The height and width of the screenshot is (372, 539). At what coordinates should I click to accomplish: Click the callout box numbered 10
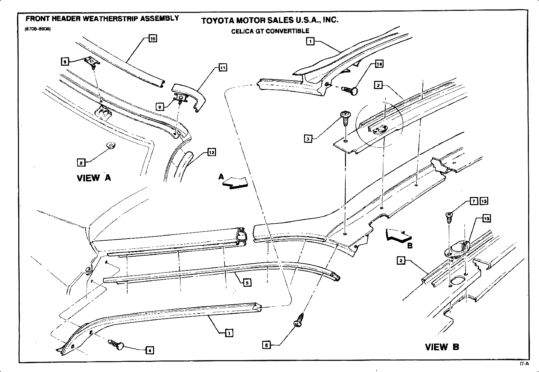point(153,39)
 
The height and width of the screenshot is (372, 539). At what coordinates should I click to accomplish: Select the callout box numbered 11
point(222,68)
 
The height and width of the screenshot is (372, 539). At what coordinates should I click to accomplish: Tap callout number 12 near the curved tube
point(212,153)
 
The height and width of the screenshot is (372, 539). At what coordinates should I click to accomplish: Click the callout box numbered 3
point(308,139)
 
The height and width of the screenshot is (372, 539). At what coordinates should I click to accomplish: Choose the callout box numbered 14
point(379,64)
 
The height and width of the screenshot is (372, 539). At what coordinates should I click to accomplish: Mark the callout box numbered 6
point(266,345)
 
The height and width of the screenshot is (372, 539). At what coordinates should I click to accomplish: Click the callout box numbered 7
point(474,201)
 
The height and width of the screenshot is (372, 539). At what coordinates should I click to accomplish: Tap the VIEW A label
point(94,178)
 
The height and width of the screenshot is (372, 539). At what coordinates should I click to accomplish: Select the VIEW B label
point(442,347)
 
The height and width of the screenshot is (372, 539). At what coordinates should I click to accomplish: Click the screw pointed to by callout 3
point(346,117)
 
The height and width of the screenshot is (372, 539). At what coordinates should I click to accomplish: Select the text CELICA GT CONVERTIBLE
point(270,31)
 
